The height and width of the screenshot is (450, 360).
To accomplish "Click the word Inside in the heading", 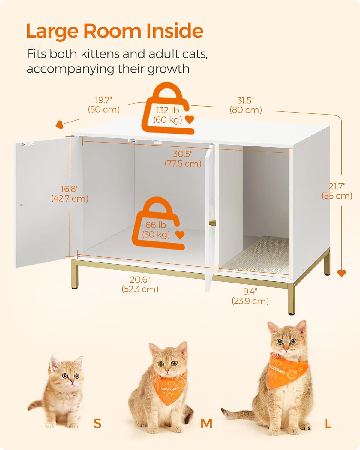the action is (x=175, y=31).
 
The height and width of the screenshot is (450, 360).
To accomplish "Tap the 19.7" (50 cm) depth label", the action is (x=104, y=105).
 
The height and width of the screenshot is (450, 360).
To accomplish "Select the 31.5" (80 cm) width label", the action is (x=246, y=105).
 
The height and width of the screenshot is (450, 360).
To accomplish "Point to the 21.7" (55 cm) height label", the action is (x=337, y=191).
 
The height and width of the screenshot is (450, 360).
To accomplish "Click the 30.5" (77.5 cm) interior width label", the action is (x=183, y=159).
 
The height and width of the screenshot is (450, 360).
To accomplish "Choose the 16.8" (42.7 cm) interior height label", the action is (x=70, y=193).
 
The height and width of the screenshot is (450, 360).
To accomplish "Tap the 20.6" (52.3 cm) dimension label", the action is (x=140, y=284).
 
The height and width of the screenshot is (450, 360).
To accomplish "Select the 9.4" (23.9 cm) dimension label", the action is (x=250, y=296).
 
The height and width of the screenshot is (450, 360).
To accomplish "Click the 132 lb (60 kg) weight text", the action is (x=168, y=115).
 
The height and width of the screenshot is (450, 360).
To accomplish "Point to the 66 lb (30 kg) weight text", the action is (x=156, y=229).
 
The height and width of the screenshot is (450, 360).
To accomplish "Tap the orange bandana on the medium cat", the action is (x=169, y=388).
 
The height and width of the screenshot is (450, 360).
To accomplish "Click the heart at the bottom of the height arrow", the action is (x=341, y=273).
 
